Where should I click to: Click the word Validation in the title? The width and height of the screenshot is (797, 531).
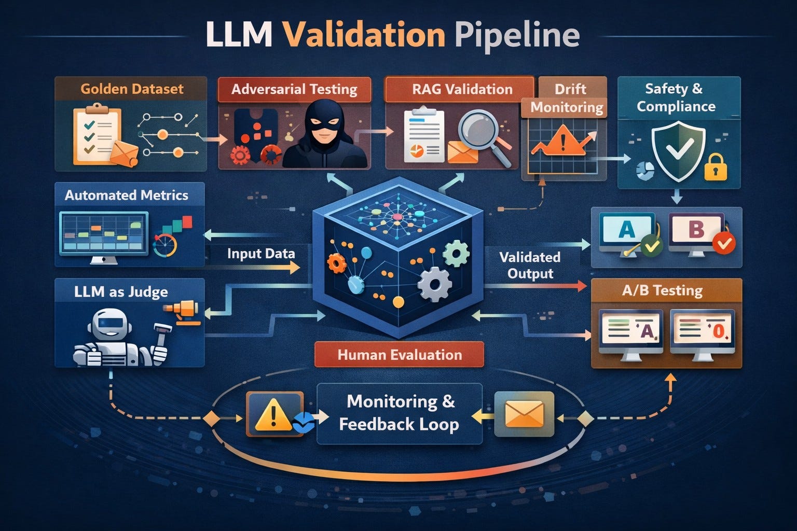coord(364,35)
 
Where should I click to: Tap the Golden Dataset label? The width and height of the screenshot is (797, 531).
coord(132,89)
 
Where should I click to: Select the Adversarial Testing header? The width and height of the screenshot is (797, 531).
coord(294,90)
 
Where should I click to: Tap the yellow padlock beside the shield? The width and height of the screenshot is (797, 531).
coord(716,167)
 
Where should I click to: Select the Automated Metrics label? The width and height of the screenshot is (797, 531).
coord(126,195)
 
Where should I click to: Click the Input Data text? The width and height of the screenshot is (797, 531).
coord(261,254)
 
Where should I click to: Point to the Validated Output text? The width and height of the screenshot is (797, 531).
coord(530,265)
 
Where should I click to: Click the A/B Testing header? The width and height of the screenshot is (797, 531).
coord(662,290)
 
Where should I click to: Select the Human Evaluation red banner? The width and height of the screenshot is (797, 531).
coord(399,355)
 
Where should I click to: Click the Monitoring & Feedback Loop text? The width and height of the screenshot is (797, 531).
coord(399,413)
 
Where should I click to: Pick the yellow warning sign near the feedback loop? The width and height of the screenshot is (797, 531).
coord(273,414)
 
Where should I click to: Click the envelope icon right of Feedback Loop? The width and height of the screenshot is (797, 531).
coord(525,414)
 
